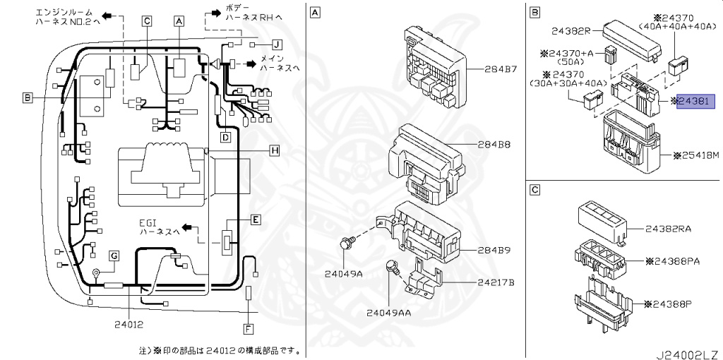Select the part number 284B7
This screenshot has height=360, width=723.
(501, 70)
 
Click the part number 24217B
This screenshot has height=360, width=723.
(496, 282)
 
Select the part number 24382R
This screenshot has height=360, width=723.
(573, 31)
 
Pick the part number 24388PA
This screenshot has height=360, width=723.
(672, 260)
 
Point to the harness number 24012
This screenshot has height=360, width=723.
(128, 325)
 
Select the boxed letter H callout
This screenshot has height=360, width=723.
(275, 150)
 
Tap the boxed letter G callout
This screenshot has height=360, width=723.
(114, 255)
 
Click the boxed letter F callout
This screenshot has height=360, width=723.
(248, 328)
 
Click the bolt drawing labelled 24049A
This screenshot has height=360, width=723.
(347, 244)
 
